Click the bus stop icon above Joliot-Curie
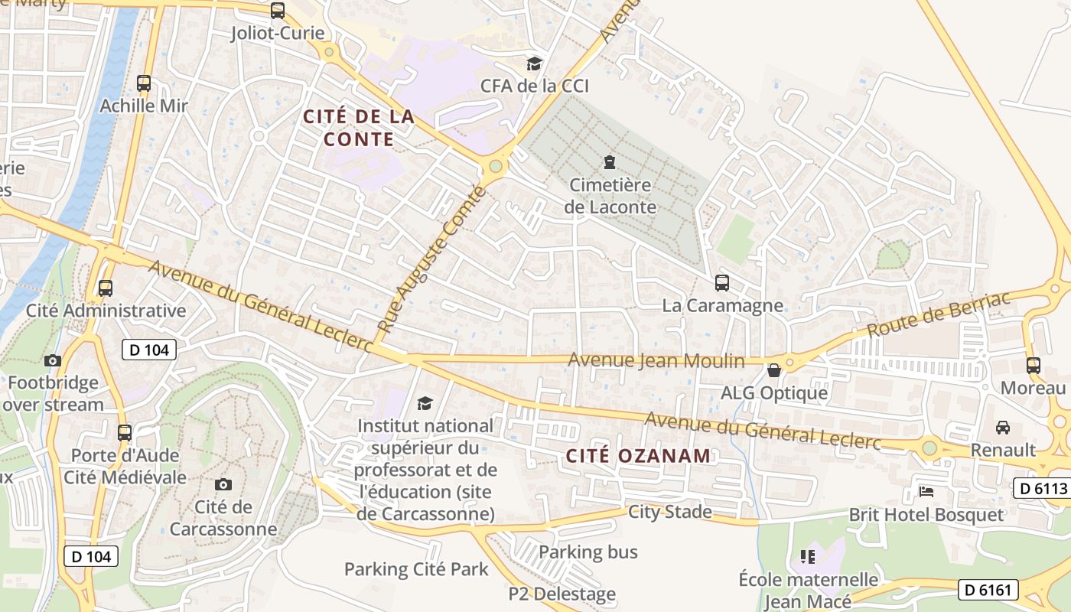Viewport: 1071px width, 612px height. coord(278,11)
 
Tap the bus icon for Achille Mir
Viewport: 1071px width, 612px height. coord(144,83)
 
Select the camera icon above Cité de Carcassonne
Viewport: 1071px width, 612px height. coord(223,484)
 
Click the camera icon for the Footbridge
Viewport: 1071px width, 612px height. coord(53,360)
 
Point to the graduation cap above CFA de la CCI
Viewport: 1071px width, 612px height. coord(534,63)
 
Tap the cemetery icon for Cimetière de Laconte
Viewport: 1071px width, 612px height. coord(610,162)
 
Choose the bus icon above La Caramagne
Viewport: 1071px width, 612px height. coord(722,283)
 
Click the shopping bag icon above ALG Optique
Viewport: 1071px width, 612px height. coord(774,370)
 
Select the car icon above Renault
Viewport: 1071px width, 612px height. coord(1003,427)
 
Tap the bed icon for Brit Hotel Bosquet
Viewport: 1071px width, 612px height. coord(926,491)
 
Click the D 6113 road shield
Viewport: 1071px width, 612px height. coord(1041,488)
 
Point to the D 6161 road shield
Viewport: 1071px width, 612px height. coord(989,589)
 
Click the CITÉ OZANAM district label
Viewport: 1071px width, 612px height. coord(638,456)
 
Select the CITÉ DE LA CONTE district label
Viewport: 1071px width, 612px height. coord(359,128)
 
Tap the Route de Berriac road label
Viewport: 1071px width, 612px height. coord(939,314)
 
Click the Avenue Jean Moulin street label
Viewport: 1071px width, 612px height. coord(656,360)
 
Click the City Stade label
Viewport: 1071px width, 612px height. coord(670,512)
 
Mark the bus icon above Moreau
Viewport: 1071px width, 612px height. coord(1034,366)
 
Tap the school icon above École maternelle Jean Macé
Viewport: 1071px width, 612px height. coord(808,556)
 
